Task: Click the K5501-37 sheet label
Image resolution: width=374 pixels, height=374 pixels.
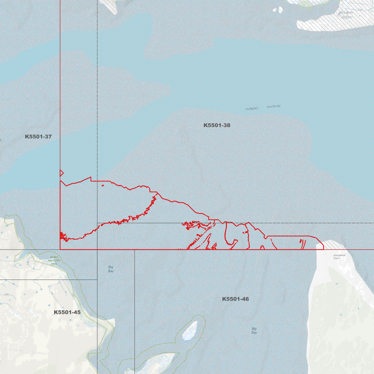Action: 38,137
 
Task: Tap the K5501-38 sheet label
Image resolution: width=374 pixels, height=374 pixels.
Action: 217,125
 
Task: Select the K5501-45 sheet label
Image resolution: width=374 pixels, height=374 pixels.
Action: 67,312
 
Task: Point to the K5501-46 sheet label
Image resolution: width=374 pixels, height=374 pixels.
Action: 235,299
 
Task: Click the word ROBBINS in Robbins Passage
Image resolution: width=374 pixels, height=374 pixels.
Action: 252,109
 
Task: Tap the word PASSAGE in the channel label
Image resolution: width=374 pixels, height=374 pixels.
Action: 274,106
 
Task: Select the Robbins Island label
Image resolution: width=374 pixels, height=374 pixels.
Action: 346,15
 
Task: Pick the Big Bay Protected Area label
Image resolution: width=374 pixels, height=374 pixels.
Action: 54,260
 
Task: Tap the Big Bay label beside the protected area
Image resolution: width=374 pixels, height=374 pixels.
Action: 111,269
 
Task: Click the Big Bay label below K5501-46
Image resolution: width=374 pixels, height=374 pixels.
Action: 254,331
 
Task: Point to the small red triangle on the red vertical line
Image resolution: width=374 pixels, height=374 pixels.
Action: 61,173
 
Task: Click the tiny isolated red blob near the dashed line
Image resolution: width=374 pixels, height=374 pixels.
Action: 103,185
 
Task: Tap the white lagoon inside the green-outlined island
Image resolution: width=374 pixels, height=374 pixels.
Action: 190,331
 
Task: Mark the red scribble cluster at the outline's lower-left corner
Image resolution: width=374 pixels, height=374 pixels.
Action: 63,237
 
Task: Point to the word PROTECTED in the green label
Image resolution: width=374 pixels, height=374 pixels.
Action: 54,260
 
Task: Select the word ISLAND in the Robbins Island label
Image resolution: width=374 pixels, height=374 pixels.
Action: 346,18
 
